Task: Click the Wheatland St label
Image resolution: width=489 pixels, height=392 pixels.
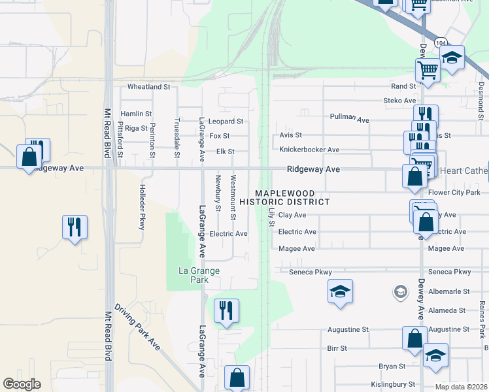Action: (x=148, y=86)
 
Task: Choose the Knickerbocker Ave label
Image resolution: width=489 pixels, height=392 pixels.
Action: (x=309, y=150)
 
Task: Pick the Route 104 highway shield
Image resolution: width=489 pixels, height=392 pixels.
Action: (x=442, y=42)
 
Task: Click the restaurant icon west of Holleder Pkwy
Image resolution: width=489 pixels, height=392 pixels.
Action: (x=75, y=227)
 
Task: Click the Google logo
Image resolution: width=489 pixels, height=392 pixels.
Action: (x=22, y=384)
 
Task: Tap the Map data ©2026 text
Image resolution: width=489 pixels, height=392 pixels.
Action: (x=460, y=387)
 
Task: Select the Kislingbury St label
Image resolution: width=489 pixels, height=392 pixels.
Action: (x=394, y=384)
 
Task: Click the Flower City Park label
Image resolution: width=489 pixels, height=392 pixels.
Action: (x=454, y=193)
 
